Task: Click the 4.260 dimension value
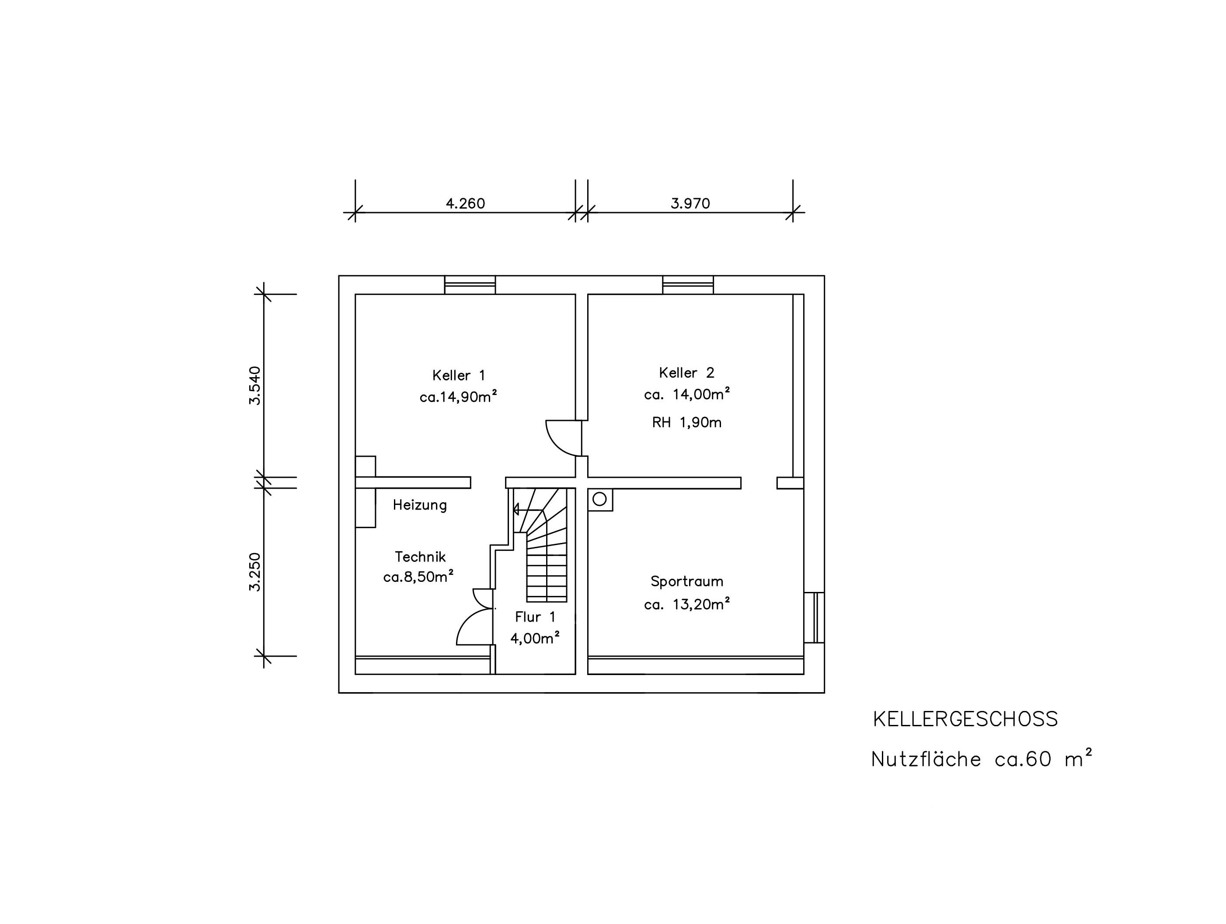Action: (x=466, y=203)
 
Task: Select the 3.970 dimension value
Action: (x=690, y=203)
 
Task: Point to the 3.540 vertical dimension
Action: (x=254, y=385)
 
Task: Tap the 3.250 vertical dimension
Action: (x=254, y=572)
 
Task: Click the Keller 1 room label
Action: (x=459, y=375)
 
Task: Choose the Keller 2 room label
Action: (x=687, y=373)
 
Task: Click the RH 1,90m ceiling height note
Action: (x=687, y=423)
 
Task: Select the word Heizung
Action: (x=420, y=505)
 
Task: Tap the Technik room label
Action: (x=420, y=557)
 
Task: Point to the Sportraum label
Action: (x=687, y=582)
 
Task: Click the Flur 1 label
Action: (x=535, y=617)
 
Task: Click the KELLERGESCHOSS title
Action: (x=965, y=719)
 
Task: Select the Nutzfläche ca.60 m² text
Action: (x=982, y=758)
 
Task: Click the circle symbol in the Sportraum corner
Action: (x=600, y=499)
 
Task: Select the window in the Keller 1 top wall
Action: (x=470, y=285)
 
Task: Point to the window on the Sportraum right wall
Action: (x=814, y=617)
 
